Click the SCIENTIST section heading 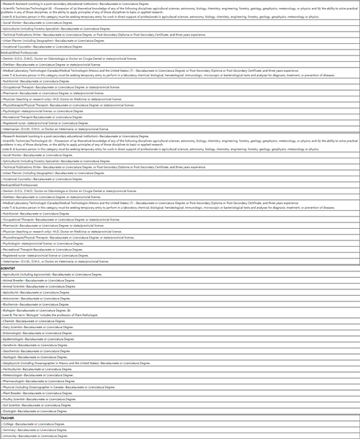click(9, 268)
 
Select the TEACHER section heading click(7, 417)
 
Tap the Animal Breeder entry click(14, 280)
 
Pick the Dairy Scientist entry click(14, 327)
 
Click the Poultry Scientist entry click(15, 399)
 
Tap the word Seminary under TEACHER click(11, 430)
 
